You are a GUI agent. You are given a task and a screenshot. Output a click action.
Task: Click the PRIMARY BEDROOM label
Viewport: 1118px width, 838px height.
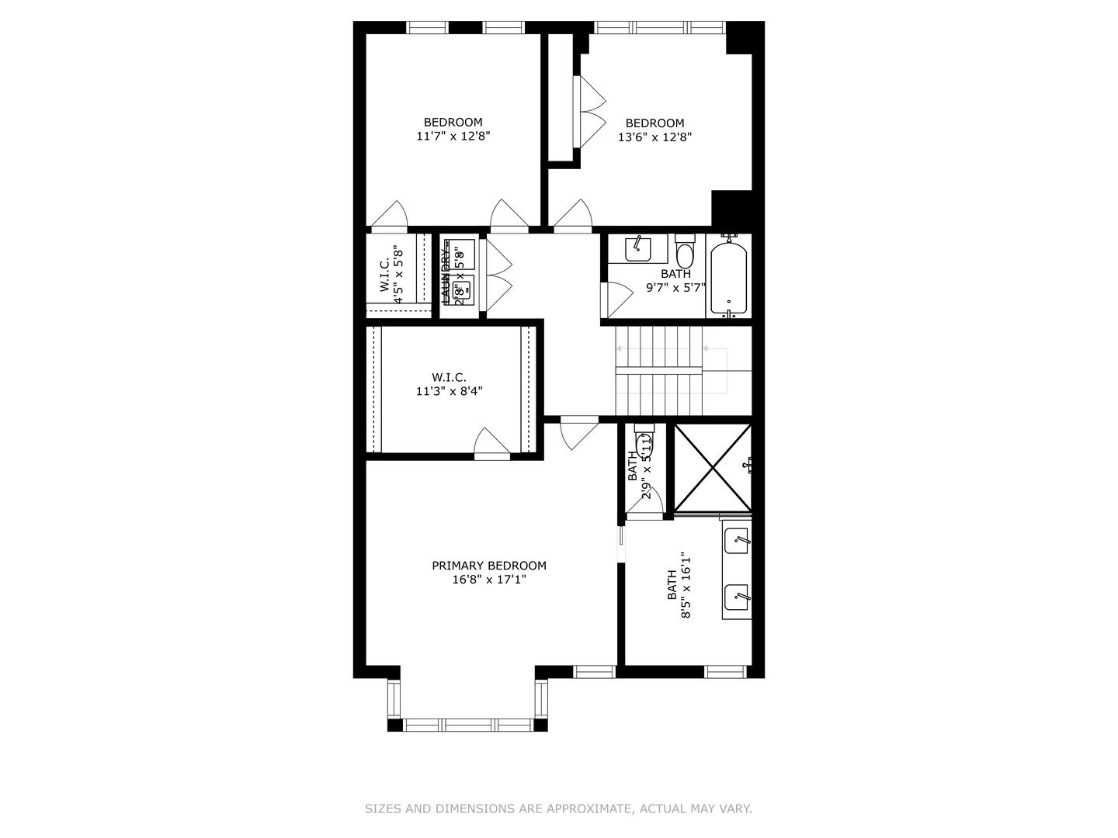point(489,566)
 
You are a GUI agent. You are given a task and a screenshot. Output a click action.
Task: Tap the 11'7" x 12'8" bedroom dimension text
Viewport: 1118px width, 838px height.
point(453,137)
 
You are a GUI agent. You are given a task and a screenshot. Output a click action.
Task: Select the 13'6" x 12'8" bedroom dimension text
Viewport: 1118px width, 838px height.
point(654,137)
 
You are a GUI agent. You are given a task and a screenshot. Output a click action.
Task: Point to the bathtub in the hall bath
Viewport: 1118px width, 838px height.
point(728,276)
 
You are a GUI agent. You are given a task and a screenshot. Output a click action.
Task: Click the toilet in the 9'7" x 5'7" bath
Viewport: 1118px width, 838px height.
point(685,253)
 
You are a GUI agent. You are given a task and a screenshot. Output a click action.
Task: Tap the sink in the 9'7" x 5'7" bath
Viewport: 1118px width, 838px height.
point(637,248)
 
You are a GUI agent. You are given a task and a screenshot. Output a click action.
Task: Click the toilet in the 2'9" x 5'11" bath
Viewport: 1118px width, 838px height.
point(644,444)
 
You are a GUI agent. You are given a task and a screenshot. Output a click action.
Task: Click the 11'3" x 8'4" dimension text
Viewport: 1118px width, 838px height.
point(449,392)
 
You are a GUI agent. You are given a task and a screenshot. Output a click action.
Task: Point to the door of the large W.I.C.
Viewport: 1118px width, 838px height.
point(492,444)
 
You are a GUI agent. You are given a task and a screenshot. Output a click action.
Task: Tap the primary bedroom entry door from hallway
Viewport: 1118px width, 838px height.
point(578,433)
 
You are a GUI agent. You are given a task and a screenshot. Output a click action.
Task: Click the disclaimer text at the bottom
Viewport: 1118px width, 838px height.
point(558,809)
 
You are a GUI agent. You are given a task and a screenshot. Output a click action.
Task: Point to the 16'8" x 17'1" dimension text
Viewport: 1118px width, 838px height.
point(489,580)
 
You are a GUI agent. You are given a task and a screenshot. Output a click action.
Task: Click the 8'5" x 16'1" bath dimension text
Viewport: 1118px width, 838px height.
point(686,585)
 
